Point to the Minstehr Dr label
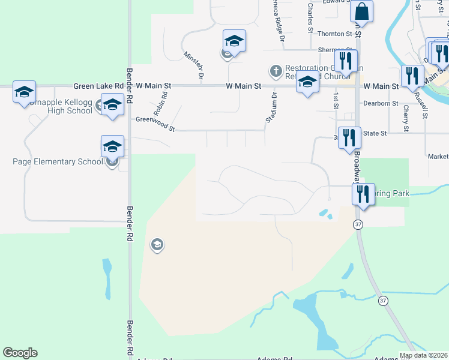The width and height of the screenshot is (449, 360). [x=193, y=65]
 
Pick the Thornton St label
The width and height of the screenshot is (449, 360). [x=334, y=34]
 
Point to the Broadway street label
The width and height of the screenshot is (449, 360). [x=357, y=161]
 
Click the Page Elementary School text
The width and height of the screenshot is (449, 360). [x=58, y=162]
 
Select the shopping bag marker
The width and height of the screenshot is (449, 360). [x=362, y=11]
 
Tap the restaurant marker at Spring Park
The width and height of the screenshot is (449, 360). [x=363, y=194]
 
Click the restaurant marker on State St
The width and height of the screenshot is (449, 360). [x=349, y=138]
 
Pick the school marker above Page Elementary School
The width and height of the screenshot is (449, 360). [x=112, y=146]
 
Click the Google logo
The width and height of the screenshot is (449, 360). [x=20, y=353]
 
